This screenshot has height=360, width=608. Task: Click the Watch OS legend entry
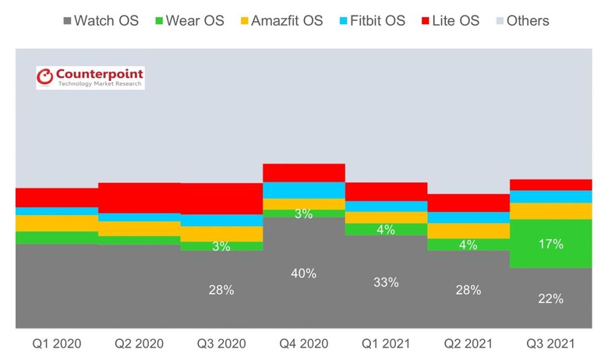100,20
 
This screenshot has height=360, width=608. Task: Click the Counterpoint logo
90,77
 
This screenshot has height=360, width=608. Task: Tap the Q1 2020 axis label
56,343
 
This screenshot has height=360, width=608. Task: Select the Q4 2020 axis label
303,343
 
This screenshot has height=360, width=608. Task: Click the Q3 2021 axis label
550,343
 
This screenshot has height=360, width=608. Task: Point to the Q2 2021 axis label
468,343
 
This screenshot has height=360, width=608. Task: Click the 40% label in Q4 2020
303,274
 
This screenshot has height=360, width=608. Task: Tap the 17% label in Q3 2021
550,244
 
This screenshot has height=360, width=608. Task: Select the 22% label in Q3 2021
550,298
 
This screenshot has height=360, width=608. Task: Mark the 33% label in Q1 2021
386,282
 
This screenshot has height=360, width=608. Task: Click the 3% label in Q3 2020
221,246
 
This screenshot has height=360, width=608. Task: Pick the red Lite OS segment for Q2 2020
139,198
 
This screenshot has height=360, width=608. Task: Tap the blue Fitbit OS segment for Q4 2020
303,190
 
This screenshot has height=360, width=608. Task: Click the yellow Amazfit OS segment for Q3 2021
550,210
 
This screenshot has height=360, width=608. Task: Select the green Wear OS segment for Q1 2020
56,238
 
